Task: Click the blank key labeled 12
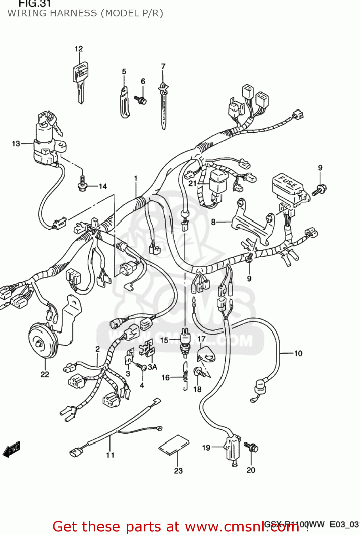click(x=80, y=81)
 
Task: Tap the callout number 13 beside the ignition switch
click(x=16, y=143)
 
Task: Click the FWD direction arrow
click(x=11, y=449)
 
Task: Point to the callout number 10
click(x=298, y=353)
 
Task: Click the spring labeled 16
click(x=185, y=376)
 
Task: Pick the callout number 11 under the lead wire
click(x=110, y=455)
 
